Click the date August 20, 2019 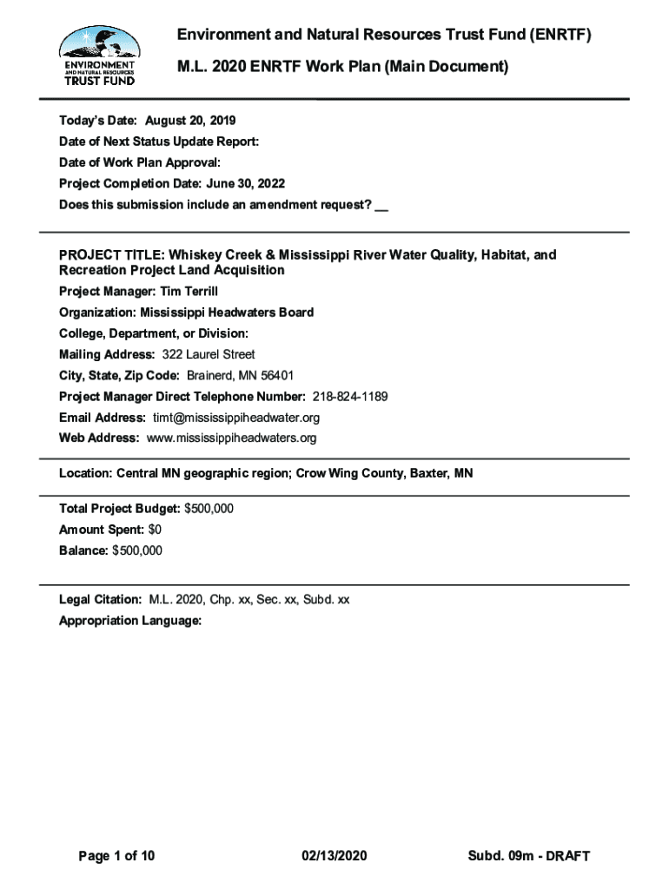click(190, 120)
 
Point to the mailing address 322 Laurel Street click(209, 354)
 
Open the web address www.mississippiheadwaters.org click(231, 438)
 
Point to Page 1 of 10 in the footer click(116, 856)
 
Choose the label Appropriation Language click(130, 621)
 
